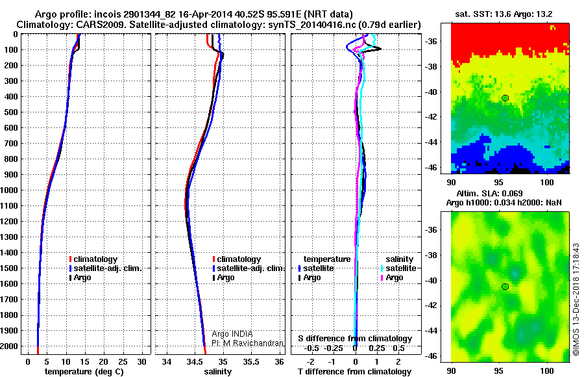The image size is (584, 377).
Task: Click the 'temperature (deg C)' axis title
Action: coord(84,372)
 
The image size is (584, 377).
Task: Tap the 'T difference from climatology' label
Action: coord(354,372)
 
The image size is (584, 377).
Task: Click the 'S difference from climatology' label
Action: coord(354,339)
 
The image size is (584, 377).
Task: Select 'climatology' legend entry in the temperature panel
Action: coord(95,259)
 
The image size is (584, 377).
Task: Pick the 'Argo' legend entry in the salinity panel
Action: coord(226,278)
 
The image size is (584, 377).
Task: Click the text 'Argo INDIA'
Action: coord(232,333)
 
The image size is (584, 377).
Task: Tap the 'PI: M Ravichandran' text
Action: coord(248,343)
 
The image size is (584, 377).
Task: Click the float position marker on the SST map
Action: coord(505,98)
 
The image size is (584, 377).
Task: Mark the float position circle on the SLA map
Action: coord(505,287)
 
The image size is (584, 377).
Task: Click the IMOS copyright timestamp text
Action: coord(576,300)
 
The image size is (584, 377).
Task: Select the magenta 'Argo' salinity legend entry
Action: coord(395,278)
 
